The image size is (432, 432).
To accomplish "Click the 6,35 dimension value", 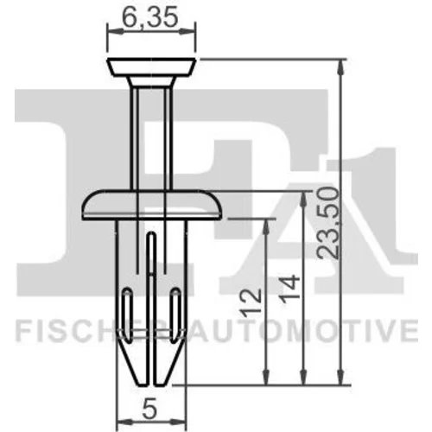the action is click(149, 17).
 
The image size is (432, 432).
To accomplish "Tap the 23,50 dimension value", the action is click(327, 223).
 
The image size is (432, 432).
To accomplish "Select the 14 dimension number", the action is click(289, 289).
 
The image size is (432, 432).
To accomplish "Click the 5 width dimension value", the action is click(149, 409).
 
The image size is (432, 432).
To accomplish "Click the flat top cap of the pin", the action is click(151, 67).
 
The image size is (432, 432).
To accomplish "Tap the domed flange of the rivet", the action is click(152, 205).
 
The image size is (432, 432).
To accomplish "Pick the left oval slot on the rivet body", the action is click(128, 315).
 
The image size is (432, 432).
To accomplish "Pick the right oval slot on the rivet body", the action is click(175, 315).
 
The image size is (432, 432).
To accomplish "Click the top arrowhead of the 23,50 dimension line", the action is click(340, 67).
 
